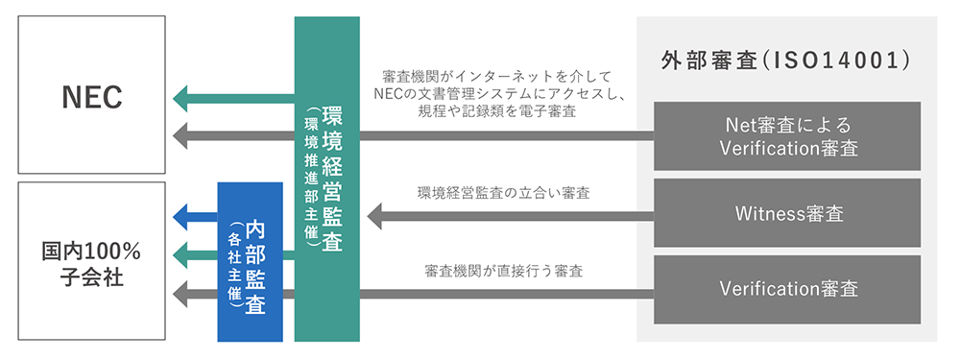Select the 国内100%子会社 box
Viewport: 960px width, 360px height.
[x=92, y=262]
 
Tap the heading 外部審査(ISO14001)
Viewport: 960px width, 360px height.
[x=785, y=60]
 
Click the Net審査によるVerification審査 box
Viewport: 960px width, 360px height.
[x=786, y=136]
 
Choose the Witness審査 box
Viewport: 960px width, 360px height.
[x=786, y=212]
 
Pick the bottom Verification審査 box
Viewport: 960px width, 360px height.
[x=786, y=288]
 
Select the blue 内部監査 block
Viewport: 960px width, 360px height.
[x=250, y=262]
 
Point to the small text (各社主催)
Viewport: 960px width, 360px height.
[x=234, y=264]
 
